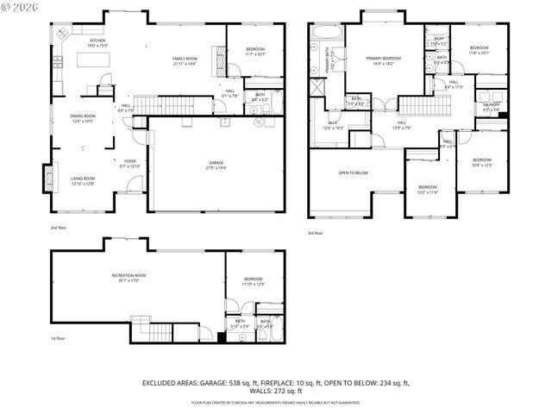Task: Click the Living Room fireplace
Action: pos(48,182)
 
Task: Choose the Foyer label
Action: pos(129,163)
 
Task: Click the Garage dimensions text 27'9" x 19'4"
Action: pos(216,168)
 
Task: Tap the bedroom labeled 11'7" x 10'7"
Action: pos(254,51)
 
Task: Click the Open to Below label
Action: pos(353,172)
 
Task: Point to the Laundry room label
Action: pos(492,108)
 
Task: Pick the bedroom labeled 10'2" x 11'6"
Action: pos(429,190)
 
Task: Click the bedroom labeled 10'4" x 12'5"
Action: pos(481,162)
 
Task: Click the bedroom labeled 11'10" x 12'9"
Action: pos(253,281)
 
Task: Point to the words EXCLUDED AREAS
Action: pos(171,382)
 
